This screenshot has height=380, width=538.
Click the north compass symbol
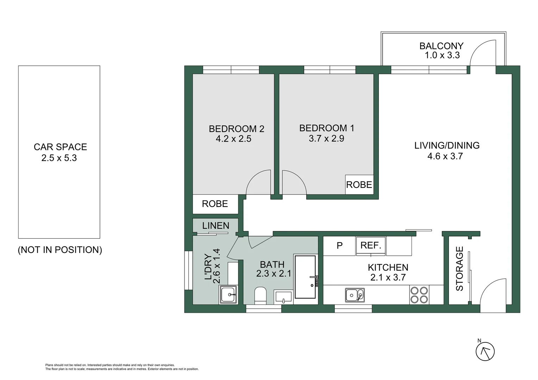click(485, 351)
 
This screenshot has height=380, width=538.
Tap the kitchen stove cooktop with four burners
click(419, 295)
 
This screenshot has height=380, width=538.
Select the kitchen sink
click(355, 295)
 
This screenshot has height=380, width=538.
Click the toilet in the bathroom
click(261, 296)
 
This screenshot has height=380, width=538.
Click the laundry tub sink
click(229, 294)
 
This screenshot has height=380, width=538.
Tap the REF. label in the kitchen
click(371, 245)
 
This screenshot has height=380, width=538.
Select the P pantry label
click(339, 246)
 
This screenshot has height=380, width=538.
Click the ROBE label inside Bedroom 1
click(359, 185)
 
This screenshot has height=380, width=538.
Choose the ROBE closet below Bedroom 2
click(215, 204)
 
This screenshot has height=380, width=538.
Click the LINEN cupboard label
click(215, 226)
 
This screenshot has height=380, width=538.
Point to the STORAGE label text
click(459, 268)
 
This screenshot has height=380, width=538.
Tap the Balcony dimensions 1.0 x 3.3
click(442, 55)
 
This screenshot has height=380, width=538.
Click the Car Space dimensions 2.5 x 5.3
click(59, 158)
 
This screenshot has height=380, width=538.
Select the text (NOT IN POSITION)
click(60, 250)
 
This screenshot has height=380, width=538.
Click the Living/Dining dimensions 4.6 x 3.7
click(445, 156)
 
